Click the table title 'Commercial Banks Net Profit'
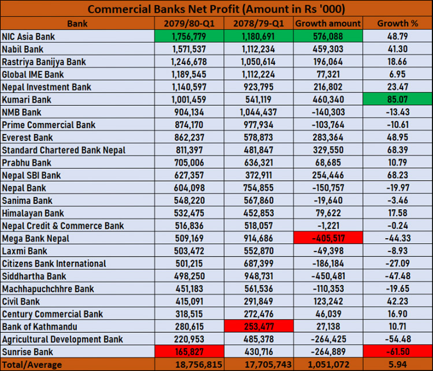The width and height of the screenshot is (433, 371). tap(216, 9)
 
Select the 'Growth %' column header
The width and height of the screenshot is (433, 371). tap(397, 24)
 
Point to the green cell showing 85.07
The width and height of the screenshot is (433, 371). tap(397, 99)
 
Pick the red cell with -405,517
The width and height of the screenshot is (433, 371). tap(328, 238)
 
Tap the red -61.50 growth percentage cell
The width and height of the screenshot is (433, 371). tap(397, 352)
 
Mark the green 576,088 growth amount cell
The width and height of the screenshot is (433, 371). tap(328, 36)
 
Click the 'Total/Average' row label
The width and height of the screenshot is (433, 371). tap(28, 365)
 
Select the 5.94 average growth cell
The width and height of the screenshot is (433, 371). tap(397, 365)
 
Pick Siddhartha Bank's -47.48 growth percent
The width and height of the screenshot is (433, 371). tap(397, 276)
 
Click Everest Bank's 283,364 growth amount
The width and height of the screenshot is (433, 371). tap(328, 138)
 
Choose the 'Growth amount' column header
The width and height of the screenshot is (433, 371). tap(328, 24)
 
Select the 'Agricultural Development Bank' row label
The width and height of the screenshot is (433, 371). tap(62, 339)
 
